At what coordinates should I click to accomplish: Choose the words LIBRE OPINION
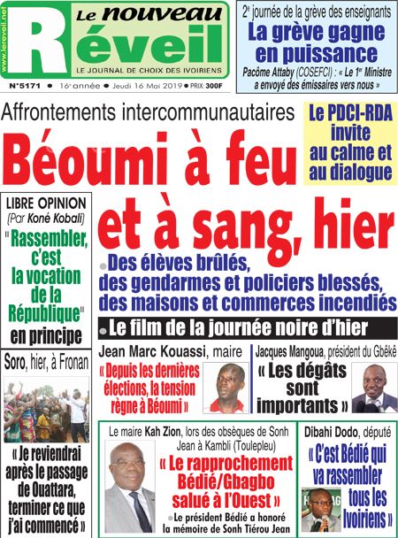[45, 203]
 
